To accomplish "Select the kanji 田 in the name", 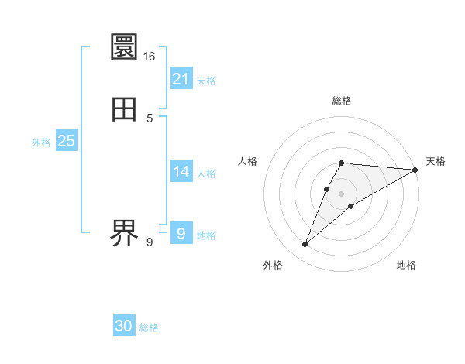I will [125, 109].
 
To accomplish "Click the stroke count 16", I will [150, 57].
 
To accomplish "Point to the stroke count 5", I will [150, 118].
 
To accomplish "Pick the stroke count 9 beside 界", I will [150, 242].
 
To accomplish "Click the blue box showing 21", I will [181, 78].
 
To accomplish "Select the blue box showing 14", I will [181, 171].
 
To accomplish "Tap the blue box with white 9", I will [181, 233].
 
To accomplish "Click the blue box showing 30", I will [124, 326].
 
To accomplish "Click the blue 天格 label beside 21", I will [206, 81].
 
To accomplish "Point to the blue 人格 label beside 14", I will [206, 173].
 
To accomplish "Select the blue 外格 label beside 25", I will [41, 143].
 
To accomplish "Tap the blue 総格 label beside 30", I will [149, 328].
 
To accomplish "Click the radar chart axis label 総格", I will [342, 101].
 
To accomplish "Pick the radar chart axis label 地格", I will [406, 266].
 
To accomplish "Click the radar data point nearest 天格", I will [415, 170].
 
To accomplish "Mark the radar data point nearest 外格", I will [305, 245].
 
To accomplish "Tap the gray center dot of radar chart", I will [342, 193].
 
